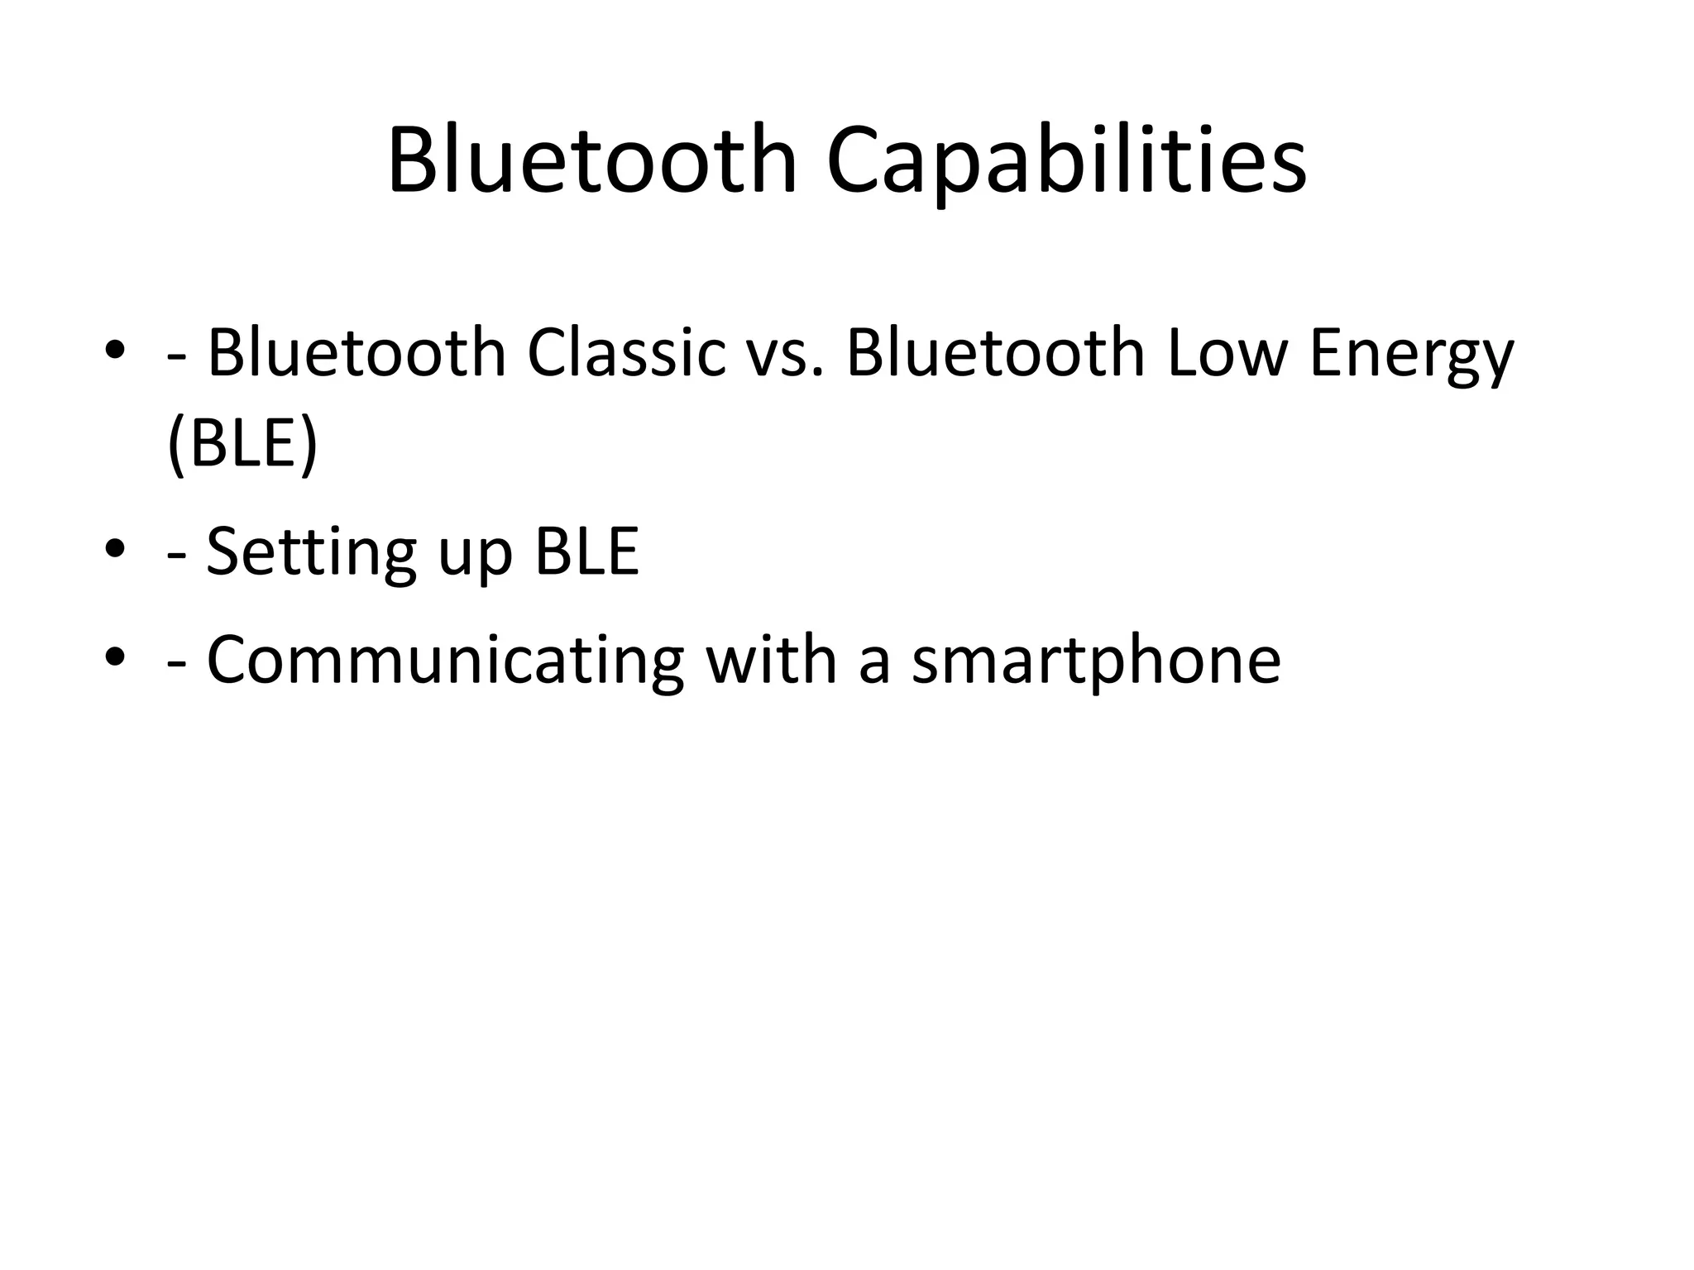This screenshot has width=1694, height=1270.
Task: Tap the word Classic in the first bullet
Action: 626,353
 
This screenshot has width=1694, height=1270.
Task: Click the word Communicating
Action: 445,661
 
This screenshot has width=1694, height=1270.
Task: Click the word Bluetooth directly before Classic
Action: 356,353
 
